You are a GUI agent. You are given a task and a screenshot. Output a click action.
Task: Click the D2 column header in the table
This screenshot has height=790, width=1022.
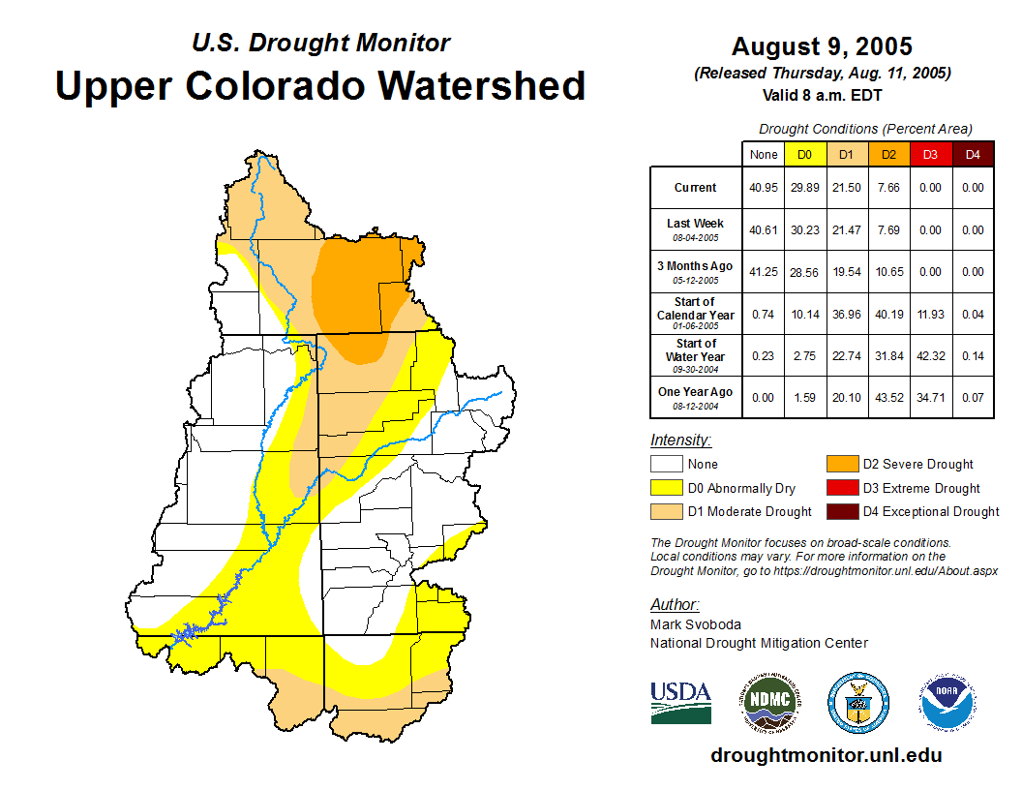coord(889,154)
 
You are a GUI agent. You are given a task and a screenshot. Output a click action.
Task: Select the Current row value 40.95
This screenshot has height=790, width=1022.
coord(764,188)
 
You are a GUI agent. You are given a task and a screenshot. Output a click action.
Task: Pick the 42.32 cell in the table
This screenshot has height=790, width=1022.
coord(930,356)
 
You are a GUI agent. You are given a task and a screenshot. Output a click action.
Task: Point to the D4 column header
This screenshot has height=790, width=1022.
coord(973,154)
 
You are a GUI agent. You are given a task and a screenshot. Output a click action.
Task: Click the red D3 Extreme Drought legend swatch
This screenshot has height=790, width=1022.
coord(842,488)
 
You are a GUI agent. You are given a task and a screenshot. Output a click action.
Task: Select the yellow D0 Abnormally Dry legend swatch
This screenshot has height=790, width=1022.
coord(667,488)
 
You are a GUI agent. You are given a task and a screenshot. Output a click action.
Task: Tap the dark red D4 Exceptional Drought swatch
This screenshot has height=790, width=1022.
coord(842,511)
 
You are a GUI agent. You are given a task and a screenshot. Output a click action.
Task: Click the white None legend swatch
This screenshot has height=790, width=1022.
coord(667,465)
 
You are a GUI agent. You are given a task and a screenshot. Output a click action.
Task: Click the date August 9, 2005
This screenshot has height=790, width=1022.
coord(822,46)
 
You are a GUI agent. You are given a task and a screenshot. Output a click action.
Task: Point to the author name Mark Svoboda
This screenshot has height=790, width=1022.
coord(696,624)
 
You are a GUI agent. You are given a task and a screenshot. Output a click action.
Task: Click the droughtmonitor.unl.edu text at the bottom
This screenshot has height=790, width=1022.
coord(826,755)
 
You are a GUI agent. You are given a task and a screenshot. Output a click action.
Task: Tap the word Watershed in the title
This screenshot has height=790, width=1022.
coord(481,85)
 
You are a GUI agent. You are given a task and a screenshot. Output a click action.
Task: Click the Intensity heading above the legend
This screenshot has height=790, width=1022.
coord(680,441)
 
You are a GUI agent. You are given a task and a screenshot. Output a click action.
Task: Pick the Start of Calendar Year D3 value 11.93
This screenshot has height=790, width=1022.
coord(930,315)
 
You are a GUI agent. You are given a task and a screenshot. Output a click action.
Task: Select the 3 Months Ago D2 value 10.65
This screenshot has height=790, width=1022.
coord(889,272)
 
